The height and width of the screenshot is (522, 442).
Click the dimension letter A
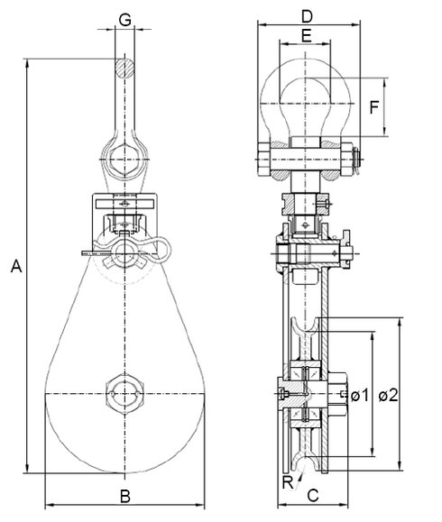[14, 266]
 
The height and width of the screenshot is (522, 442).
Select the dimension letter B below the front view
[125, 494]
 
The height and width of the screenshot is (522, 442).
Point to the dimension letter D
[306, 16]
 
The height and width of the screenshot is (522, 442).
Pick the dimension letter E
[306, 36]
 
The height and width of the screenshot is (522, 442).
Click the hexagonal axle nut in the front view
[125, 394]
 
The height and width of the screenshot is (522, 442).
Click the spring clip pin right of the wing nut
[159, 252]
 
